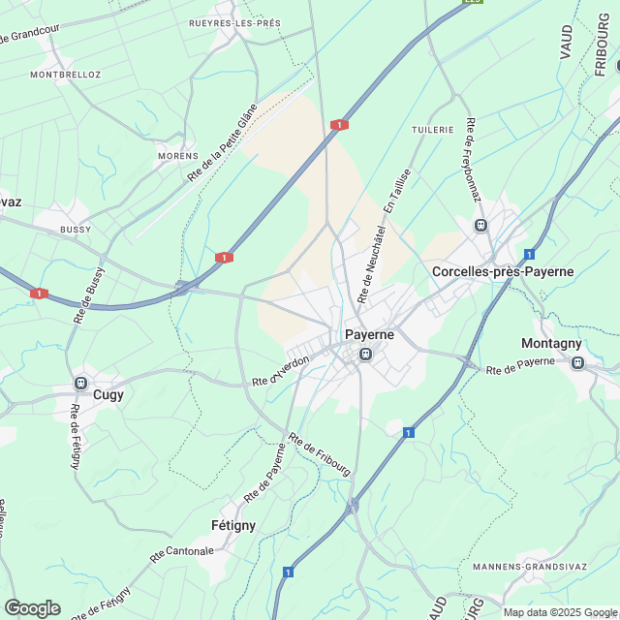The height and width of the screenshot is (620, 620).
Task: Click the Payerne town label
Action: click(x=366, y=335)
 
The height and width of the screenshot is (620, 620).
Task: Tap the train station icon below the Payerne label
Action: click(x=366, y=355)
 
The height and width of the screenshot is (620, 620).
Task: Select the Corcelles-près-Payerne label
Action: click(x=503, y=271)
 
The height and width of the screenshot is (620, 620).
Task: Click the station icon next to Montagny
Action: click(x=578, y=362)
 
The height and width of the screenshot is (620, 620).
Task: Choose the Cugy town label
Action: click(x=108, y=394)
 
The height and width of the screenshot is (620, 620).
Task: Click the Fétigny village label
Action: click(x=232, y=525)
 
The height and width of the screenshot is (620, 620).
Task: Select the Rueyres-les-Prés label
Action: click(x=234, y=22)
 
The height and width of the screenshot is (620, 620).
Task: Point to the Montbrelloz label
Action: click(x=66, y=75)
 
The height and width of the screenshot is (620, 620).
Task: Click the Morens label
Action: click(x=177, y=156)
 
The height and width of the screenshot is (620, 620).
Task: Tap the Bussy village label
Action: click(x=75, y=230)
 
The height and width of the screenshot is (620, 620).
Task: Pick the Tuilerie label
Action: click(x=432, y=129)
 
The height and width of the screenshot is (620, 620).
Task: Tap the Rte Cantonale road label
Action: click(x=181, y=554)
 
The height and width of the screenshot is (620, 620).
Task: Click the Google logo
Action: click(x=32, y=607)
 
